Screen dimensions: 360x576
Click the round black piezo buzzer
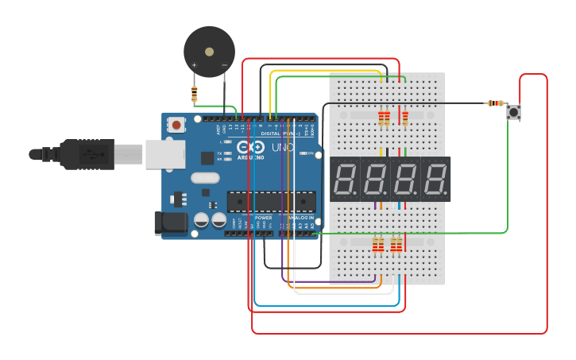tap(209, 52)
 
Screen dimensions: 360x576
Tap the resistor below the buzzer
tap(195, 94)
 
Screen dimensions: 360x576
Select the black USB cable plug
tap(87, 154)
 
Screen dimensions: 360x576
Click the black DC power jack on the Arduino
tap(171, 223)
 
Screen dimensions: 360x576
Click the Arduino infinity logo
tap(253, 147)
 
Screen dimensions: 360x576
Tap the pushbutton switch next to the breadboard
tap(514, 112)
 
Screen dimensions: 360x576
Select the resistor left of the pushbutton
tap(496, 103)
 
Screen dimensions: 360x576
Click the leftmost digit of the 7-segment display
tap(346, 179)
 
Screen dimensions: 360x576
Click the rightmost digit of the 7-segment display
tap(435, 179)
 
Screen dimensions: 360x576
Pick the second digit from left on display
tap(375, 179)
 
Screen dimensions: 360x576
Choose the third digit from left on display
tap(405, 179)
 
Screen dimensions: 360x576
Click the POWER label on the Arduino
tap(263, 218)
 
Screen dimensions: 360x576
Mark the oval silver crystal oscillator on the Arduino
tap(204, 179)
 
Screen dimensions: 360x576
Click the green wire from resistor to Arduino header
tap(215, 106)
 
